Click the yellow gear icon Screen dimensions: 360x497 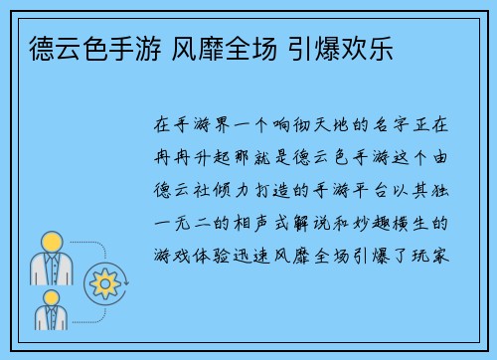[x=103, y=283]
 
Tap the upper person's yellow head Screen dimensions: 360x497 [x=51, y=243]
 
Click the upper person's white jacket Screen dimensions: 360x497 [x=51, y=269]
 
